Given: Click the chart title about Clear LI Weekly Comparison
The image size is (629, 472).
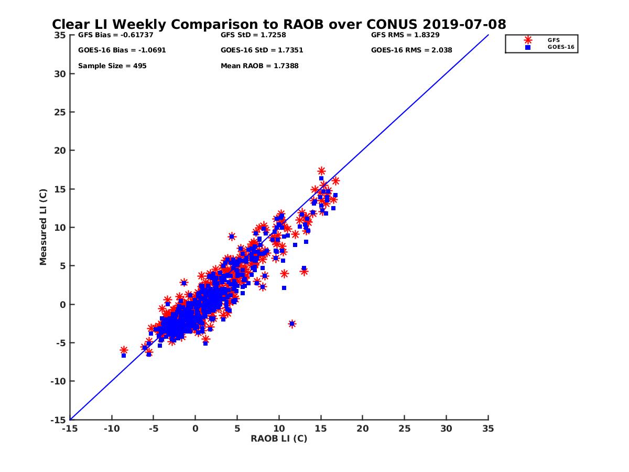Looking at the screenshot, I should [279, 25].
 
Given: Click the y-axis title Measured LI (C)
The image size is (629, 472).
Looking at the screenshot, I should [43, 227].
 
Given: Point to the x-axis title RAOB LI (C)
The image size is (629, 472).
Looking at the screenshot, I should [279, 438].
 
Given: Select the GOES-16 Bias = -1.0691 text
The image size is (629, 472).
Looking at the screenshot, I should [115, 50].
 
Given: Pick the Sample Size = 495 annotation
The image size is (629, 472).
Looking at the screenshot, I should [112, 66].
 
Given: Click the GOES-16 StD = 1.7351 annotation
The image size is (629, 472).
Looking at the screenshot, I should [262, 50].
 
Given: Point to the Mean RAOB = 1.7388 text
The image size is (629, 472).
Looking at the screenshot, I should [259, 66].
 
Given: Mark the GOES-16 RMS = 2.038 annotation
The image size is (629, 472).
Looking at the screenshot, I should [411, 50].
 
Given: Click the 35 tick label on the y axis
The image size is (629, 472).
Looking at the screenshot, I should [60, 35].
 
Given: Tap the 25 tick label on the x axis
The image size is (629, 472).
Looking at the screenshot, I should [404, 428].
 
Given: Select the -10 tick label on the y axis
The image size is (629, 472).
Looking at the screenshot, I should [58, 381].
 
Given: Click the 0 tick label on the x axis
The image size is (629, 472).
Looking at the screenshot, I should [196, 428].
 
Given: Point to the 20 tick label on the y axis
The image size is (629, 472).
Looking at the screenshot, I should [60, 151].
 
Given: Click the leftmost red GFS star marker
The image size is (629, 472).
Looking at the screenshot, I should [124, 350].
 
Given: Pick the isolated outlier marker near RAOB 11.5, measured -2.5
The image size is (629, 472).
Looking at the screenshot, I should [292, 324].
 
